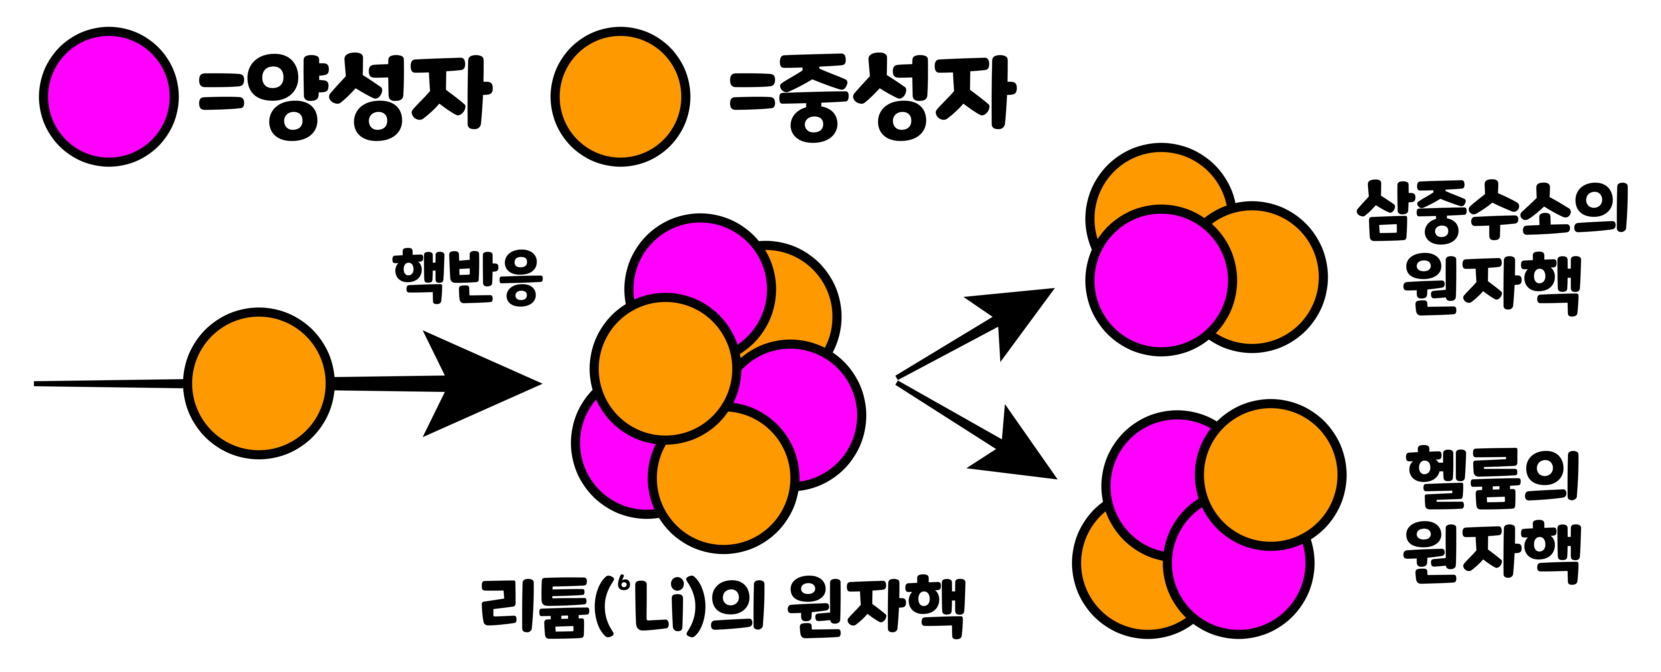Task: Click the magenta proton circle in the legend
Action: (x=109, y=97)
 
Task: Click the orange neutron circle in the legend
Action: (x=620, y=97)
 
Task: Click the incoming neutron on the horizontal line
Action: (x=258, y=384)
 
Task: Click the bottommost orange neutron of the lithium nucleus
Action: (x=724, y=490)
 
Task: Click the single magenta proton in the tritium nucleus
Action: (x=1161, y=280)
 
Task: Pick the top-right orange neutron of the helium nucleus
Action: (x=1270, y=474)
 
